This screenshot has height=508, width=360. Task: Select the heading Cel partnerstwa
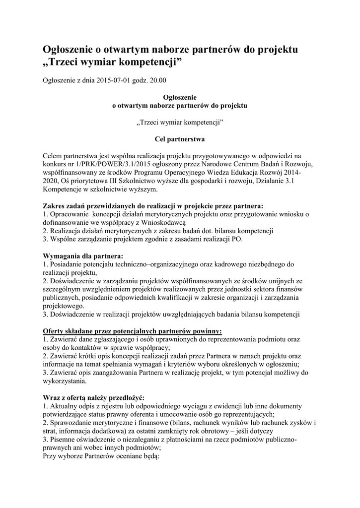tap(180, 139)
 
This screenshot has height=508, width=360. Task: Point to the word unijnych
tap(282, 281)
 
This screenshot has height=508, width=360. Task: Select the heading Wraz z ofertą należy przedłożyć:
tap(93, 398)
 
